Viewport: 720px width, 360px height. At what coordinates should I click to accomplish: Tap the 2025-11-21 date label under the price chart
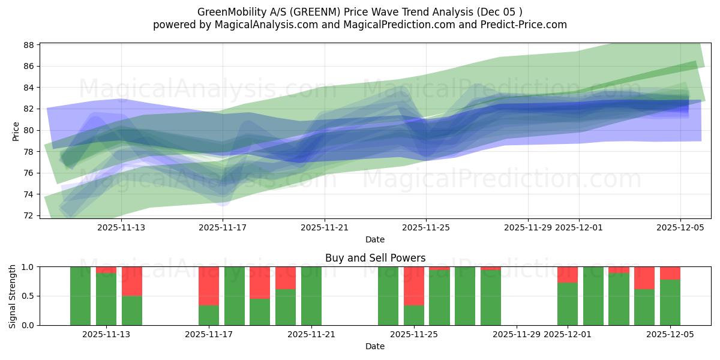[x=325, y=227]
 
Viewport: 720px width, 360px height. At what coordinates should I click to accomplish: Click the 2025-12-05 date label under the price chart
[x=680, y=227]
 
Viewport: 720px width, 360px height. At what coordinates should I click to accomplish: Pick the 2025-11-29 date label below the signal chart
[x=517, y=335]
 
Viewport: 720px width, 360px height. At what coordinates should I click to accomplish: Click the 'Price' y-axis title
[x=16, y=130]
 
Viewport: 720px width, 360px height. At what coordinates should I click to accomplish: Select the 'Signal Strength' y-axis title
[x=13, y=296]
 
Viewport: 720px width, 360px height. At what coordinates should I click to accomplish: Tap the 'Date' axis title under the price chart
[x=375, y=239]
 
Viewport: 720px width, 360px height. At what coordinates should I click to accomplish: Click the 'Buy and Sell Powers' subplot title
[x=375, y=258]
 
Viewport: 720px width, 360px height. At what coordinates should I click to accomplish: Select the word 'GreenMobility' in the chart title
[x=227, y=12]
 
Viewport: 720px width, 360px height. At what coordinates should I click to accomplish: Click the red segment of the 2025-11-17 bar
[x=209, y=286]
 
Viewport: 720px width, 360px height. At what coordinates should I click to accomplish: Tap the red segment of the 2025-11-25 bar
[x=414, y=286]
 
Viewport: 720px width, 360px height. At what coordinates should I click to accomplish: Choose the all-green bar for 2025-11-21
[x=311, y=296]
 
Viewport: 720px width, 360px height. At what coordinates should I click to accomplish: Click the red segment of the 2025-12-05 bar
[x=670, y=273]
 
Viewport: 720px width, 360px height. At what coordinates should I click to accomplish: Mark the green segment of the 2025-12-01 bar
[x=568, y=304]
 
